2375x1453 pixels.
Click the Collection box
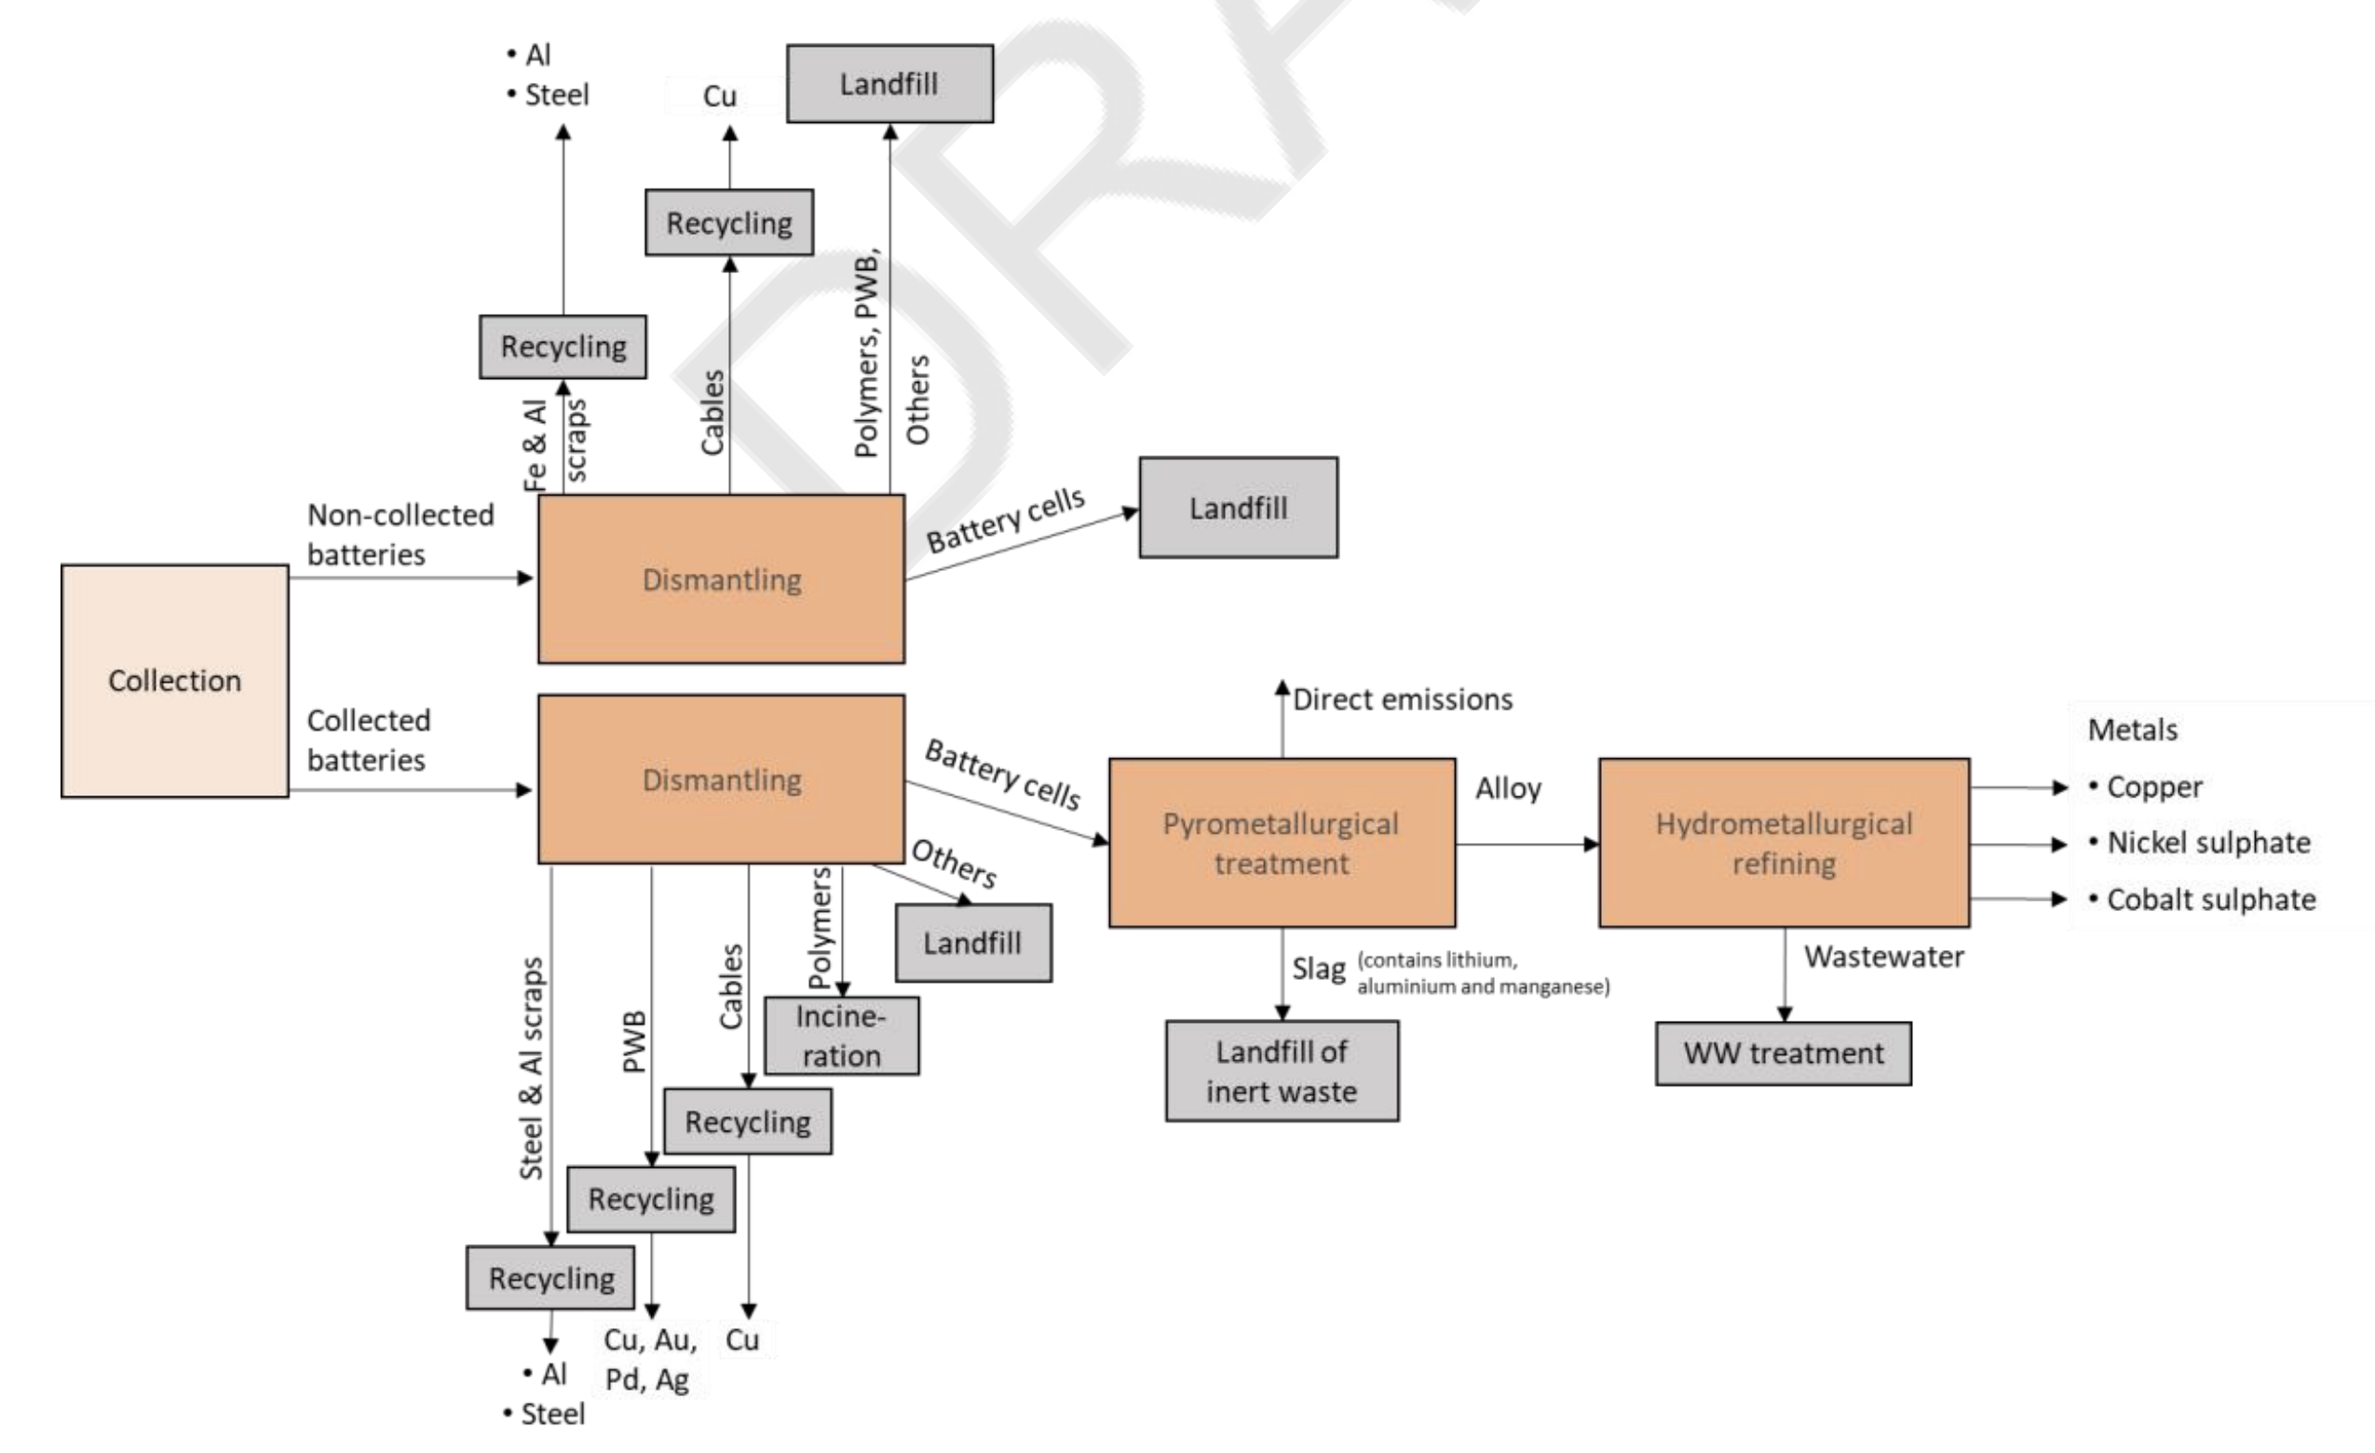[174, 681]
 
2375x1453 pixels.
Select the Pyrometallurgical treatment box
[1281, 843]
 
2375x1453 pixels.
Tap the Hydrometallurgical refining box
[1784, 843]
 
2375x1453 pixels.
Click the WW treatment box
[1784, 1052]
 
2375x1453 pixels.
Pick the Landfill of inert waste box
[1281, 1071]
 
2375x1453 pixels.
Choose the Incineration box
[840, 1036]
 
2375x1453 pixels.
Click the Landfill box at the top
[889, 84]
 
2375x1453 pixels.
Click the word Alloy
[1508, 789]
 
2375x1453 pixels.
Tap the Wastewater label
[1883, 957]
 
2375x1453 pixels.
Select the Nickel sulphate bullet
[2207, 843]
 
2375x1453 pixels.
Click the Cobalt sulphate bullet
[2210, 900]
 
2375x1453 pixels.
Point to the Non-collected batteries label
[399, 534]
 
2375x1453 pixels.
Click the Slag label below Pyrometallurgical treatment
[1318, 968]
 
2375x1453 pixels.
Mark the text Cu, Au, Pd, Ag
[648, 1360]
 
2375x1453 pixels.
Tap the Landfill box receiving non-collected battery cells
[1238, 509]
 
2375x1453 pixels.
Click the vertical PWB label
[633, 1041]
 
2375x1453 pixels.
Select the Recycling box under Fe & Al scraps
[563, 346]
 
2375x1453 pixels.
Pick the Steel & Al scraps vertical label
[531, 1068]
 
